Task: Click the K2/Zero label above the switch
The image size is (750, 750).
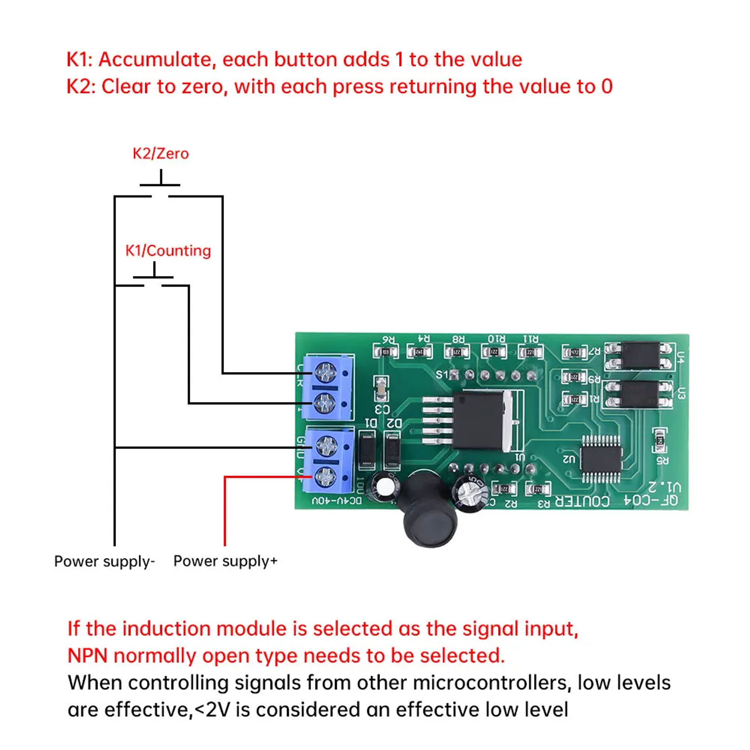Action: tap(160, 154)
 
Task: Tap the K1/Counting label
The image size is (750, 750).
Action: tap(168, 251)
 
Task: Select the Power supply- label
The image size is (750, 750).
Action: tap(104, 561)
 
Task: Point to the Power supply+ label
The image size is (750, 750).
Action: tap(226, 561)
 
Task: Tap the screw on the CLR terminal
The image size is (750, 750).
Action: tap(326, 372)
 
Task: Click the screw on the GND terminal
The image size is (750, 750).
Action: tap(326, 446)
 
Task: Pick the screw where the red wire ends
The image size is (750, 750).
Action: tap(326, 476)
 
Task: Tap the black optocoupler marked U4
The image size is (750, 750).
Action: tap(641, 356)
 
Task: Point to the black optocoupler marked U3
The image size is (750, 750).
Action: tap(639, 394)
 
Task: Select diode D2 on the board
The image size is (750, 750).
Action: tap(393, 450)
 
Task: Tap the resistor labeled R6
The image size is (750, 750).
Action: tap(386, 352)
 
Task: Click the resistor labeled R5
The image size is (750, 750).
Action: tap(660, 440)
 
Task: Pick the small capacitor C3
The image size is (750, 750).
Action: tap(381, 388)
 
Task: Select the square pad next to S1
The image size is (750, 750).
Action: tap(454, 374)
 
